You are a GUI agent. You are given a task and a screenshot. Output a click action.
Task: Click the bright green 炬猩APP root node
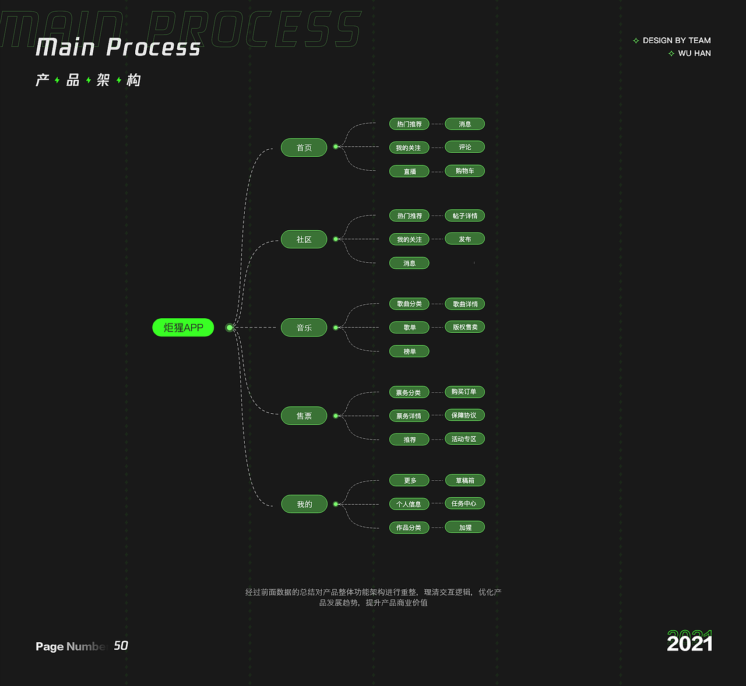coord(183,328)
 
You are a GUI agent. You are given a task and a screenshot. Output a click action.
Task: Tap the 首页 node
coord(304,147)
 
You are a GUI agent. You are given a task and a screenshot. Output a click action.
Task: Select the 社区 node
coord(304,239)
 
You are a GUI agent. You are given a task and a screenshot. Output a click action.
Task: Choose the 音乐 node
coord(304,328)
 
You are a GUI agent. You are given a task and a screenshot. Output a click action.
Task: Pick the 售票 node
coord(304,416)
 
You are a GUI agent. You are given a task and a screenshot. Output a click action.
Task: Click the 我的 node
coord(304,504)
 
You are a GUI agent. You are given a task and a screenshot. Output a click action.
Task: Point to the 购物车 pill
coord(465,171)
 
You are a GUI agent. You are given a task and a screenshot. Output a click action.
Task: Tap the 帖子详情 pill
coord(465,216)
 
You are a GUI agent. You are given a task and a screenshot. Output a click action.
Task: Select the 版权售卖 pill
coord(465,327)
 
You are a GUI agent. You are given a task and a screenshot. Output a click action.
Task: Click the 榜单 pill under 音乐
coord(409,351)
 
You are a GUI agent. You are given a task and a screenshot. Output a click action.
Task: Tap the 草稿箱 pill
coord(465,480)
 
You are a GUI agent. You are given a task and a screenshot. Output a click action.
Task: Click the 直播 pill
coord(409,171)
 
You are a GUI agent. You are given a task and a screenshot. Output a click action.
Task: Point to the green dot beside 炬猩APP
coord(230,328)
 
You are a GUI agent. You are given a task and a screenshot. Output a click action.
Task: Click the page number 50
coord(121,645)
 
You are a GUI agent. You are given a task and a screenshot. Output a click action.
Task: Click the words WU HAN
coord(694,53)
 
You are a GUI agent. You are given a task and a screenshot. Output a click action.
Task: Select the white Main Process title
coord(118,47)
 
